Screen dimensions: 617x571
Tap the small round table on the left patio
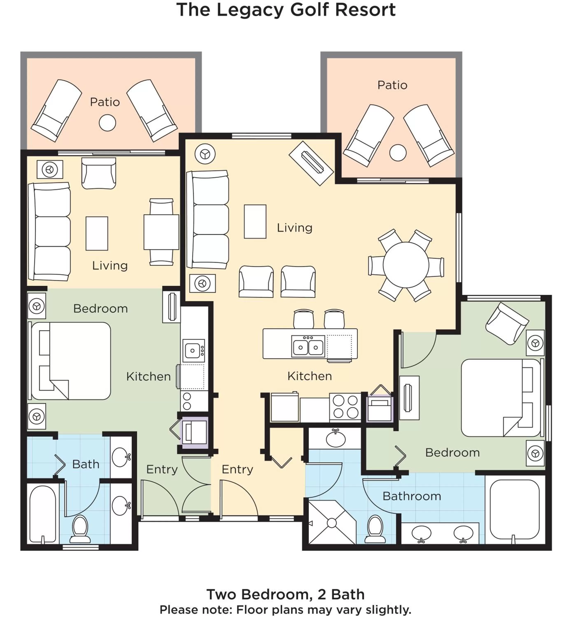(x=107, y=123)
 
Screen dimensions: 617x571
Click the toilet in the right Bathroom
(x=375, y=530)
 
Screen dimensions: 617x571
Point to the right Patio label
(x=392, y=85)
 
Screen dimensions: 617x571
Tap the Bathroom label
(x=411, y=496)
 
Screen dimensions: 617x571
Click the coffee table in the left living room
(x=97, y=233)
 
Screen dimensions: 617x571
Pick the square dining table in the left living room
(x=161, y=232)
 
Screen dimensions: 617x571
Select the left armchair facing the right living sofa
(x=256, y=282)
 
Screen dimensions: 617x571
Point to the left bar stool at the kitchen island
(x=303, y=319)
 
